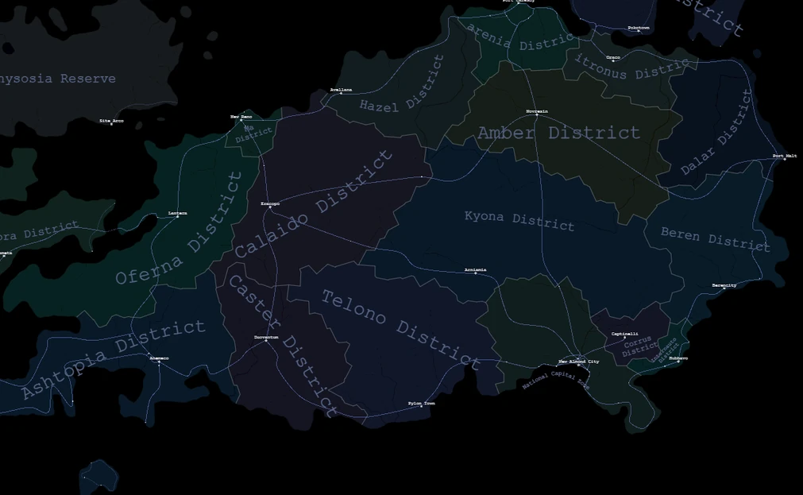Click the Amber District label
click(x=558, y=133)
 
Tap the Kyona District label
click(x=519, y=220)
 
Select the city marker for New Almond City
click(x=578, y=365)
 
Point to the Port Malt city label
click(x=784, y=156)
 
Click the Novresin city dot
click(x=537, y=115)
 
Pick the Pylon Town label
click(x=422, y=403)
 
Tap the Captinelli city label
click(x=624, y=334)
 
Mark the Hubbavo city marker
click(x=678, y=362)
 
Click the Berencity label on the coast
click(x=724, y=284)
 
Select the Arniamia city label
click(x=476, y=270)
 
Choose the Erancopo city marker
click(x=270, y=208)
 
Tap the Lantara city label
click(x=178, y=213)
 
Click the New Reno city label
click(x=241, y=116)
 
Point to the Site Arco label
click(x=111, y=121)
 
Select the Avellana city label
click(x=341, y=90)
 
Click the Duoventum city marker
click(x=266, y=342)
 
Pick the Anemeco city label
click(x=159, y=358)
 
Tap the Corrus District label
click(x=639, y=346)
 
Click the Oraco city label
click(x=613, y=57)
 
